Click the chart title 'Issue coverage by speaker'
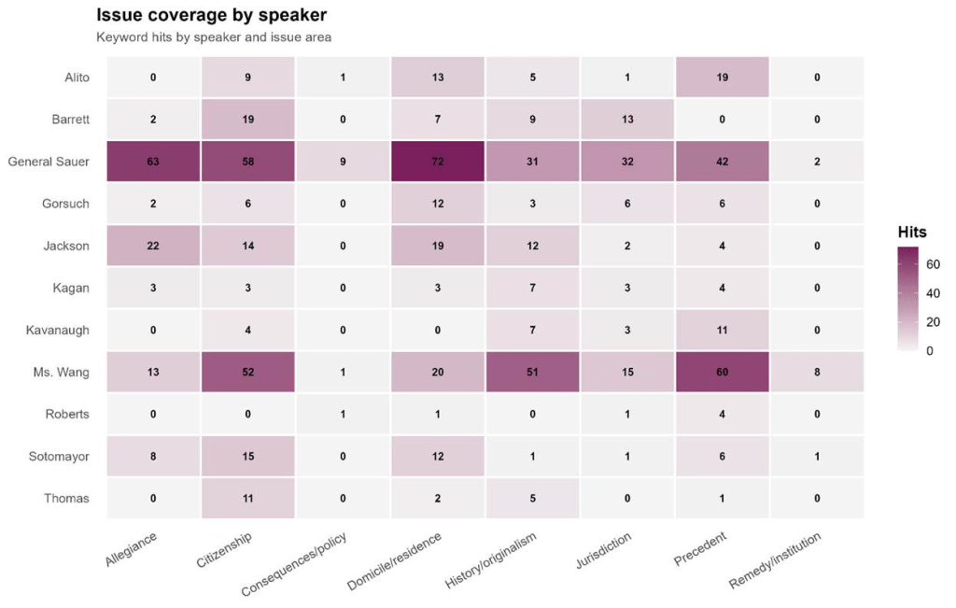pyautogui.click(x=211, y=16)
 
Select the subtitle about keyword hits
pyautogui.click(x=214, y=38)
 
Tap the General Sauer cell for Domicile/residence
pyautogui.click(x=438, y=162)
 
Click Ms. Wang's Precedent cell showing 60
pyautogui.click(x=721, y=372)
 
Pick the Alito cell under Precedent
pyautogui.click(x=721, y=78)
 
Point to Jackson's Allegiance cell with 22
pyautogui.click(x=154, y=246)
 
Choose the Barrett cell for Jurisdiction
pyautogui.click(x=626, y=120)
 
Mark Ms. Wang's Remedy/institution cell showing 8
pyautogui.click(x=816, y=372)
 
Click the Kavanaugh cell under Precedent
pyautogui.click(x=721, y=330)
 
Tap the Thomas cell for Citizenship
pyautogui.click(x=248, y=498)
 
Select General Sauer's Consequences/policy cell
pyautogui.click(x=343, y=162)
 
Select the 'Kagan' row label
pyautogui.click(x=71, y=288)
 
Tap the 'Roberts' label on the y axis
pyautogui.click(x=67, y=414)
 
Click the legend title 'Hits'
pyautogui.click(x=911, y=232)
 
